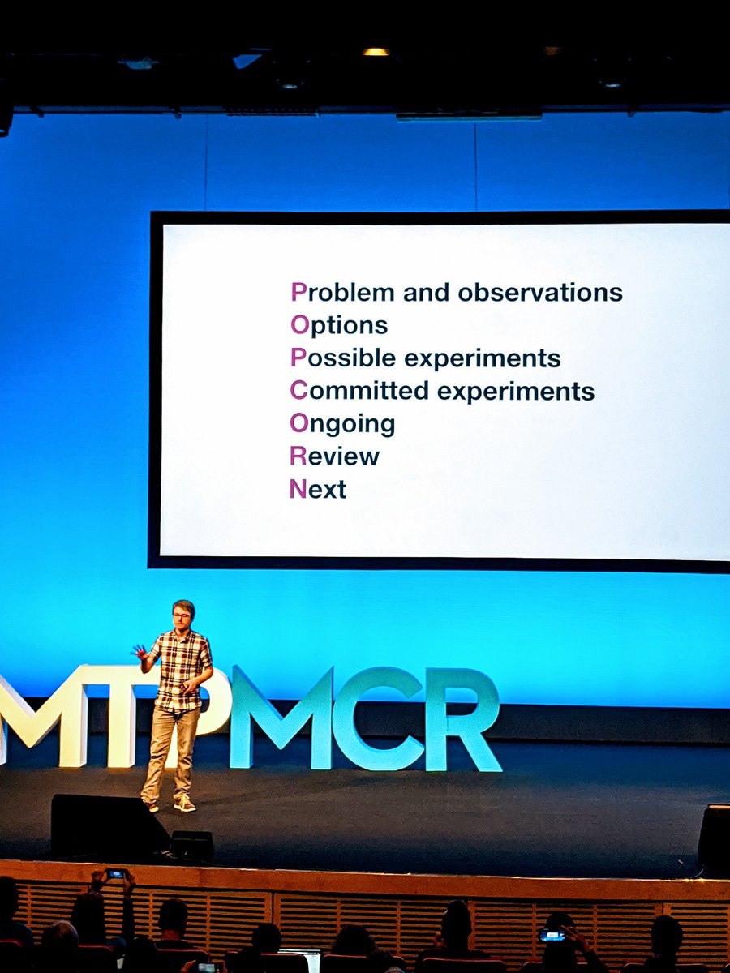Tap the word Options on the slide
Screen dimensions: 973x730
pos(338,325)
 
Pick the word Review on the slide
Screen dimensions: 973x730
pos(334,456)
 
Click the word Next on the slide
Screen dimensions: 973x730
pos(317,489)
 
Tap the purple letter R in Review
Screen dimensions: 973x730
pos(297,456)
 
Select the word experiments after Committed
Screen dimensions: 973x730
pos(516,392)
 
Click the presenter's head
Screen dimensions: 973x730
pos(183,614)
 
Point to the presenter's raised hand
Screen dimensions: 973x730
pos(140,651)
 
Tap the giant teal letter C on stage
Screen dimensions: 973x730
pos(376,718)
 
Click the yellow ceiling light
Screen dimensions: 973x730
pos(376,52)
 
